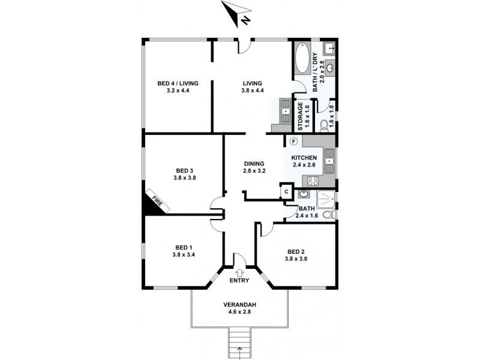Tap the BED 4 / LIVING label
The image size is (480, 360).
click(178, 83)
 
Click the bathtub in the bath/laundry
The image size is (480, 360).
click(302, 59)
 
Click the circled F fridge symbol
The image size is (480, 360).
click(293, 142)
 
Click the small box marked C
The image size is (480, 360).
click(286, 191)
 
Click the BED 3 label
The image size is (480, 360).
click(185, 169)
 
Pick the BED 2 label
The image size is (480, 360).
click(297, 251)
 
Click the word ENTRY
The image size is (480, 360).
click(239, 280)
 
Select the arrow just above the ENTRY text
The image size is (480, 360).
click(239, 272)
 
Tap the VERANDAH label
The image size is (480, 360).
click(239, 304)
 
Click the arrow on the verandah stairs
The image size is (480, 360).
click(240, 350)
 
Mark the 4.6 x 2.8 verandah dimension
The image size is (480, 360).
click(239, 312)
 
